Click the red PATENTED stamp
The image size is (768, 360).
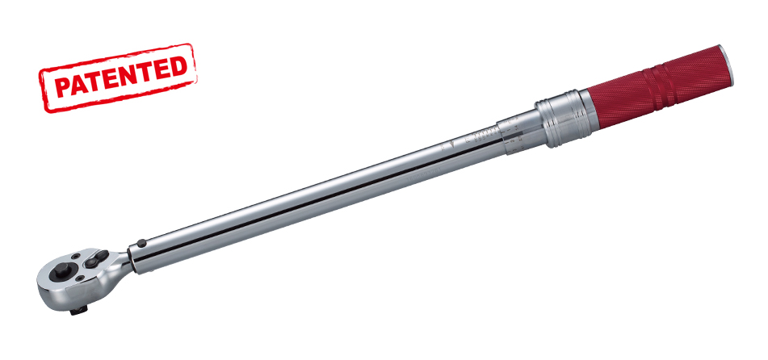point(116,77)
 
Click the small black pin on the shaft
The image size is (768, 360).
point(141,241)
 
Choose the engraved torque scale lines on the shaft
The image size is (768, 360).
point(483,132)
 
